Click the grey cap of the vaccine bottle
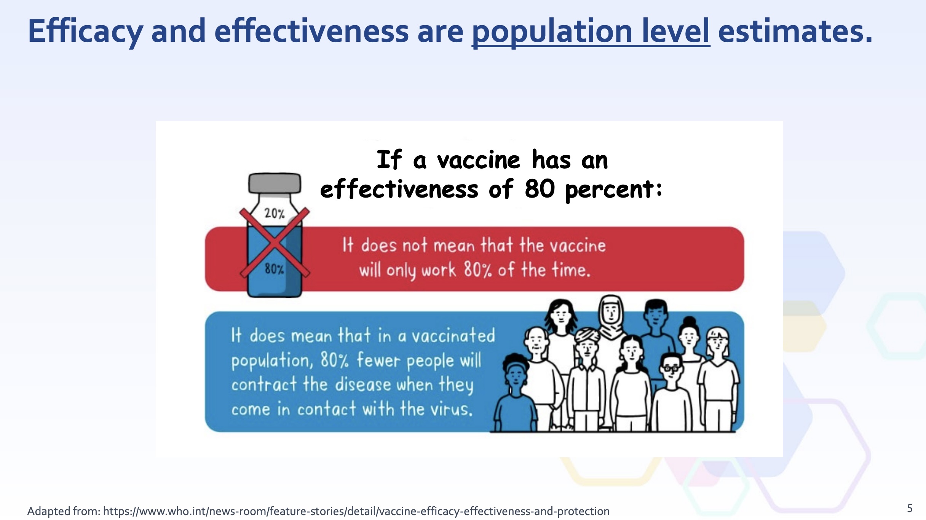(x=275, y=183)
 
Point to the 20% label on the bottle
(x=275, y=213)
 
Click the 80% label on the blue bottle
(x=275, y=269)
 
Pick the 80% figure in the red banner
(x=478, y=270)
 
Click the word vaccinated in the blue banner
(x=453, y=336)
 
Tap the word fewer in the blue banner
(x=379, y=360)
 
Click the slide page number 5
(x=910, y=508)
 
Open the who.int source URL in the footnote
(x=356, y=511)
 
